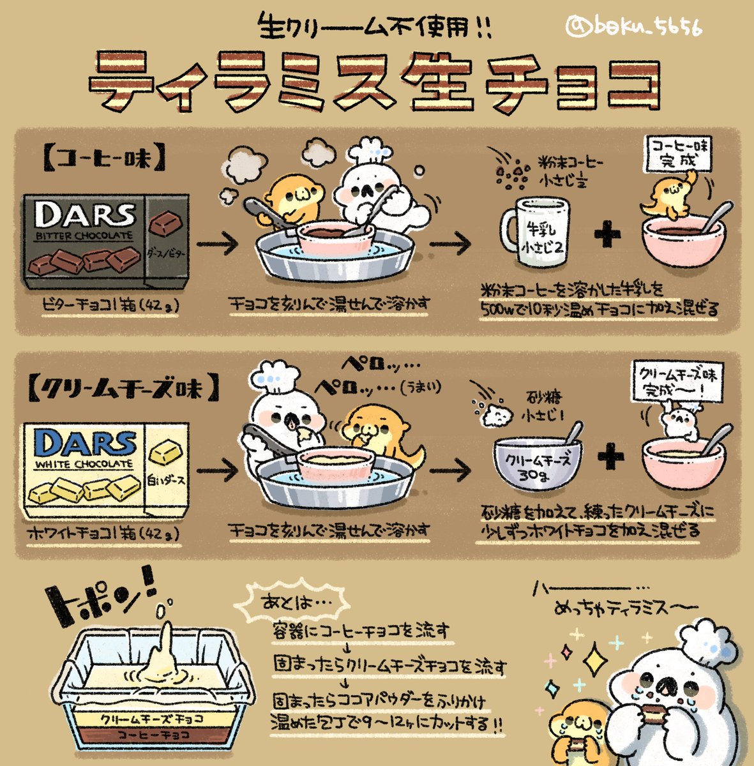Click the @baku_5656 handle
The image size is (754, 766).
634,27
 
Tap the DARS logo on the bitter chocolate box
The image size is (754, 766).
85,214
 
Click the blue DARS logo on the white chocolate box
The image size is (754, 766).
85,443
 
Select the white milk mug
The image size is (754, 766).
535,232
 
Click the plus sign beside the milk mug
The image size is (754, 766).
607,234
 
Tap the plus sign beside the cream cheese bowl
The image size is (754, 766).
611,456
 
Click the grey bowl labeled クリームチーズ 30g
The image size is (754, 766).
538,462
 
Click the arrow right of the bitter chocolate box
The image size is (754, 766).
218,243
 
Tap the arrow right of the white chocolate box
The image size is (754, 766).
218,471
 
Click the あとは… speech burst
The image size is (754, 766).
292,603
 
